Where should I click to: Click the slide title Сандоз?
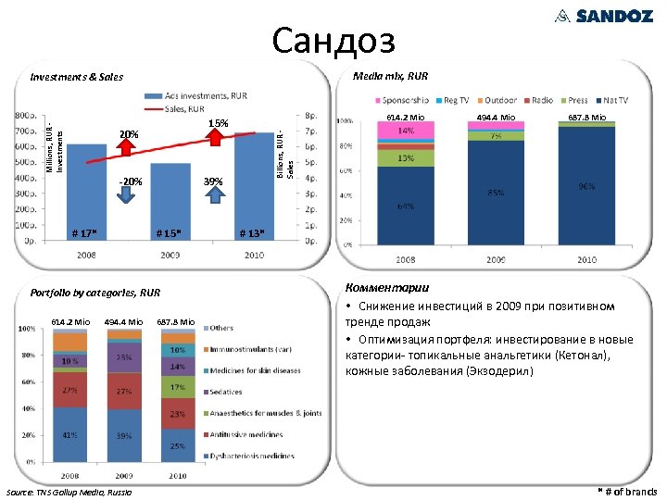333,40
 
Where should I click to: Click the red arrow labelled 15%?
219,138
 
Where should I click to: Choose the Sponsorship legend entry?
404,100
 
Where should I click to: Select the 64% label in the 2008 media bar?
405,206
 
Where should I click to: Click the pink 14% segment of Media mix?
405,131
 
